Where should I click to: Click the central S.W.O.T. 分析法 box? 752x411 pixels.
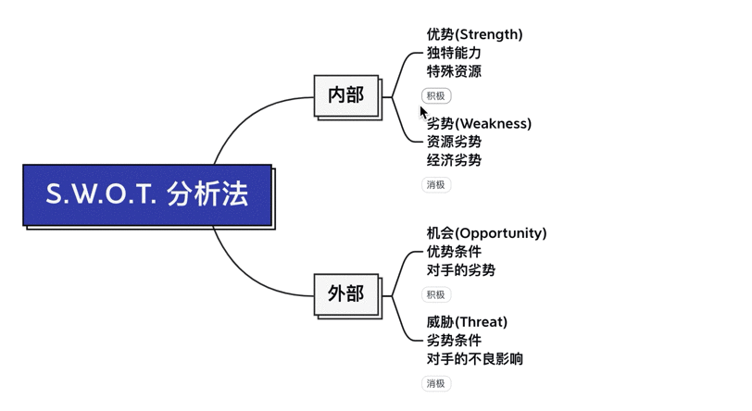pos(147,194)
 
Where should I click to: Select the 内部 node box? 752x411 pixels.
pos(345,94)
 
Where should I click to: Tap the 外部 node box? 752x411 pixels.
pos(345,294)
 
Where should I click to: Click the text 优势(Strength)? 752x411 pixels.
pos(474,34)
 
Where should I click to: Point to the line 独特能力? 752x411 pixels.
pos(454,53)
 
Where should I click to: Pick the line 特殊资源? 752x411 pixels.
pos(454,71)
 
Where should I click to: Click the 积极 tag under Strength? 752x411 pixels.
pos(436,96)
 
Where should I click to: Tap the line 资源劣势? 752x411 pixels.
pos(454,142)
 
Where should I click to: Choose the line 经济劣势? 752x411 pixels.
pos(454,160)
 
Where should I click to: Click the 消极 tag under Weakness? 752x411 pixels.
pos(436,185)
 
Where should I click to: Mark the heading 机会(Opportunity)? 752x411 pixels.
pos(486,233)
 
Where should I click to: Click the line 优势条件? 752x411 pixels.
pos(454,252)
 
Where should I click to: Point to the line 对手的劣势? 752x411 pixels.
pos(460,270)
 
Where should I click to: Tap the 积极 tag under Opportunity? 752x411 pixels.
pos(436,295)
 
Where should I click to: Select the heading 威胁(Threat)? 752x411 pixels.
pos(467,322)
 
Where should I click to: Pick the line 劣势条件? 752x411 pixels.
pos(454,341)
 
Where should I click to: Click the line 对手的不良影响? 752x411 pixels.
pos(474,359)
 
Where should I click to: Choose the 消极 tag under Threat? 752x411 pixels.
pos(436,384)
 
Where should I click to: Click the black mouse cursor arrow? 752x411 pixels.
pos(424,113)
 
